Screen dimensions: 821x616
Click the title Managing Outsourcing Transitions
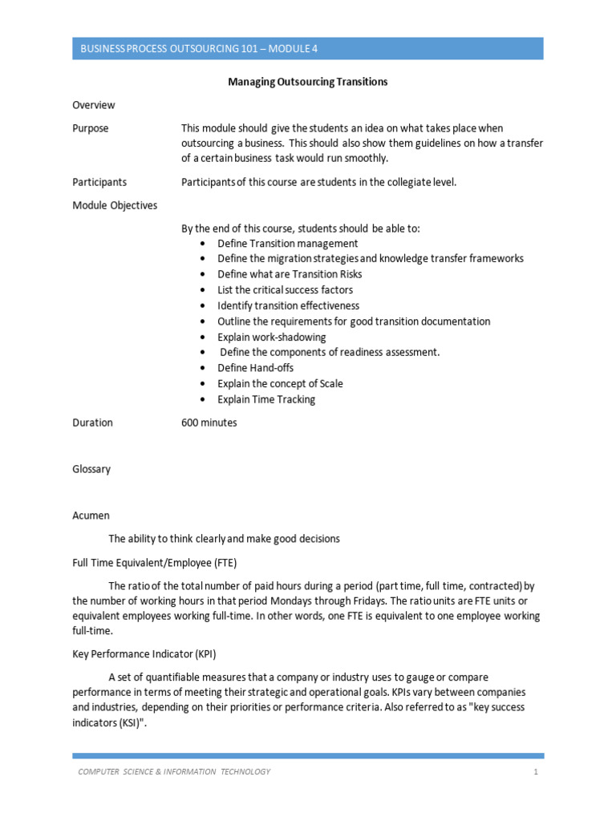(x=308, y=82)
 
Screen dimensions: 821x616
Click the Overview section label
(x=94, y=105)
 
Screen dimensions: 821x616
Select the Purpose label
(x=91, y=128)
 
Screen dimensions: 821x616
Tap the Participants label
(x=99, y=182)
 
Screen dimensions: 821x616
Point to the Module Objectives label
(x=115, y=205)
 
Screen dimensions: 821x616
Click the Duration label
(x=92, y=423)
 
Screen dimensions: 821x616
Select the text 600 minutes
(x=209, y=423)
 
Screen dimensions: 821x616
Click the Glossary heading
(x=91, y=469)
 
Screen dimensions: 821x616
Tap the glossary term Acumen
(x=91, y=516)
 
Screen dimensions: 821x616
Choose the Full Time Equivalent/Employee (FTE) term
(x=155, y=562)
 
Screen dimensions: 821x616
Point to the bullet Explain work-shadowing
(x=272, y=337)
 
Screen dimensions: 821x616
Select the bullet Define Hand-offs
(x=255, y=368)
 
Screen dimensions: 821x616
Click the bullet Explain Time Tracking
(x=266, y=399)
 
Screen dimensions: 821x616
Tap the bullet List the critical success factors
(x=285, y=289)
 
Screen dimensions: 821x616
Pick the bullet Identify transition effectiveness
(x=288, y=305)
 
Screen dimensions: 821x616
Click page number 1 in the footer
(x=534, y=772)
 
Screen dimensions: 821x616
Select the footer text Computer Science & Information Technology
(x=174, y=772)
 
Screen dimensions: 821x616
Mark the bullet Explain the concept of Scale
(x=280, y=383)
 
